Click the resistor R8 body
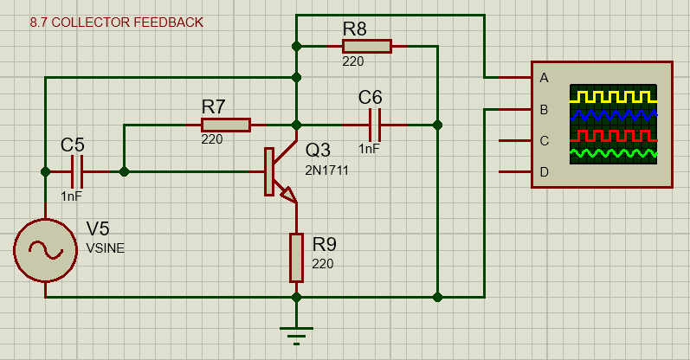point(366,46)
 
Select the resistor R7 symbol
point(225,125)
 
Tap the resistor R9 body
point(296,257)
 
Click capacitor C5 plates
point(79,171)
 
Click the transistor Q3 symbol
point(279,173)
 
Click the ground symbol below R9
point(296,333)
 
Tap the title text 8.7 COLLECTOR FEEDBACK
point(117,22)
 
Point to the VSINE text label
point(105,248)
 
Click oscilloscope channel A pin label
point(544,78)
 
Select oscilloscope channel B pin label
point(544,110)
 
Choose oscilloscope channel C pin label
point(544,141)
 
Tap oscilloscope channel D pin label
point(544,172)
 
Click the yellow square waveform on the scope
point(613,94)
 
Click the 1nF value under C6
point(369,149)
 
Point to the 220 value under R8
point(352,61)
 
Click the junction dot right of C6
point(437,125)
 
